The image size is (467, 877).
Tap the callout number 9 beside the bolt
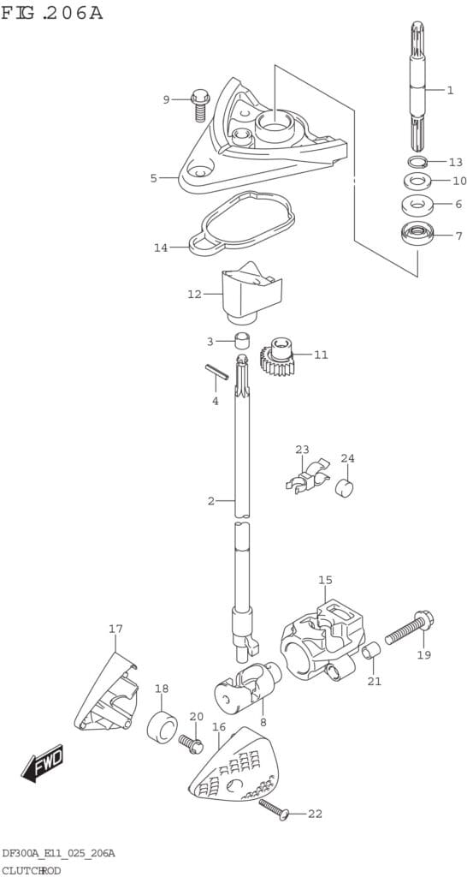pyautogui.click(x=166, y=99)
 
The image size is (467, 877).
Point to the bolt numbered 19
pyautogui.click(x=410, y=629)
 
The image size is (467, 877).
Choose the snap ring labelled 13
pyautogui.click(x=417, y=162)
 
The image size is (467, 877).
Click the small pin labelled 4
pyautogui.click(x=216, y=372)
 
